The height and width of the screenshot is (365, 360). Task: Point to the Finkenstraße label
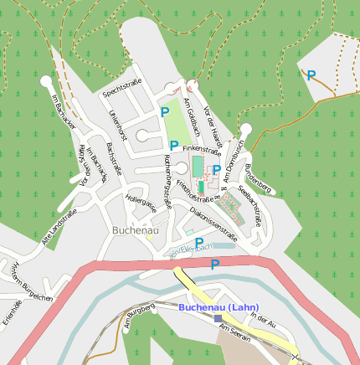coord(202,153)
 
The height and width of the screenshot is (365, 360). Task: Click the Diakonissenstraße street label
coord(213,226)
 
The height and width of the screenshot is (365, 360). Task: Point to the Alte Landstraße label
coord(60,229)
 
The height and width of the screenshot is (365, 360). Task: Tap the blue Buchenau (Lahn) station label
coord(219,307)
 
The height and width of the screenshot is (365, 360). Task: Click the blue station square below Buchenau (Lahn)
coord(219,318)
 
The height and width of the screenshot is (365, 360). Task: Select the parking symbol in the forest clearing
coord(311,75)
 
